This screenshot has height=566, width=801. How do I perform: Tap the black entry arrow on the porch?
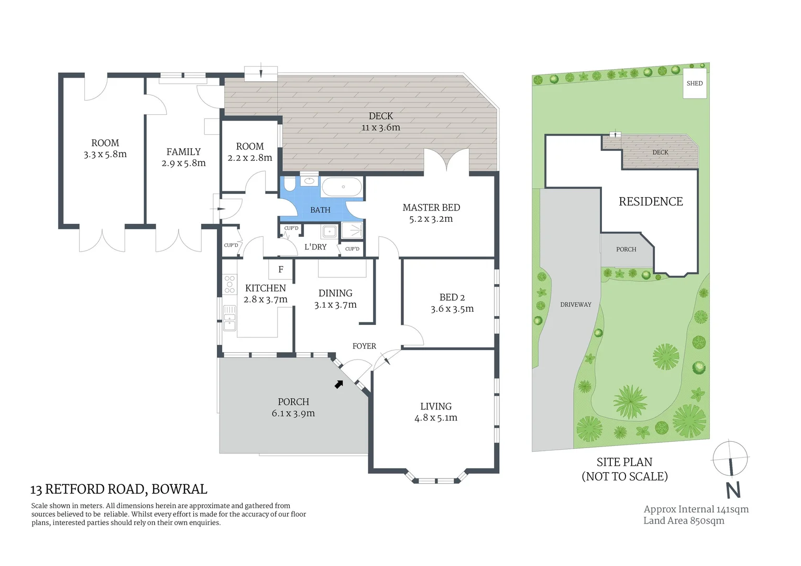click(x=339, y=384)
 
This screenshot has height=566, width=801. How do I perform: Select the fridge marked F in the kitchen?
click(x=281, y=270)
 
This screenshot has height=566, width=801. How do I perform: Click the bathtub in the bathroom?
click(x=342, y=187)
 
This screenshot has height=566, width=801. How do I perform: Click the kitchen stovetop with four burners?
click(x=229, y=284)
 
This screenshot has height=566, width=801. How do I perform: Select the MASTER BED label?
click(x=431, y=208)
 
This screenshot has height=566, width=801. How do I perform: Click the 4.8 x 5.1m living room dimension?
click(x=435, y=418)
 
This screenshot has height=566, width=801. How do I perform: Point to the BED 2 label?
click(x=452, y=297)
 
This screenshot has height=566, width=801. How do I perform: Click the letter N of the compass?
click(x=733, y=490)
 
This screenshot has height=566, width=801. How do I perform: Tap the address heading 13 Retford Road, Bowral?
click(x=119, y=489)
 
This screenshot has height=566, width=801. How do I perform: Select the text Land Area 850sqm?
click(x=684, y=520)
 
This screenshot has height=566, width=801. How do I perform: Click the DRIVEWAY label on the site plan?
click(x=575, y=304)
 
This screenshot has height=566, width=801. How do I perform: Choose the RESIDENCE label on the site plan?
click(x=651, y=202)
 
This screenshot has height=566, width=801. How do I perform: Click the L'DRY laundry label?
click(x=315, y=247)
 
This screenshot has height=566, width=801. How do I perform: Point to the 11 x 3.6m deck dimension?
click(x=380, y=127)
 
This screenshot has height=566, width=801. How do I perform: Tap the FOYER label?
click(x=364, y=346)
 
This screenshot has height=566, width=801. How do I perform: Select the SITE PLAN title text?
click(x=624, y=462)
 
